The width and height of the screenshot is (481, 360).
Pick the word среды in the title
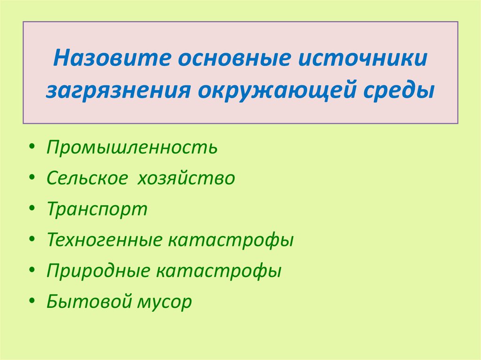(397, 89)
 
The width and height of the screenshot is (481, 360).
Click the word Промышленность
(132, 148)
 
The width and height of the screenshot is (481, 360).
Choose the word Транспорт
(97, 209)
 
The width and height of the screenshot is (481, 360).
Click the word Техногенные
(104, 240)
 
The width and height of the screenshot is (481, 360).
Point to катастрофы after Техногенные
(231, 240)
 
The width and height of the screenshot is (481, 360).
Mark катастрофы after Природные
(219, 271)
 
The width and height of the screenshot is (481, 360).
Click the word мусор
(164, 302)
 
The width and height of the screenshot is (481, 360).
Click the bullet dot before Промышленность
(31, 148)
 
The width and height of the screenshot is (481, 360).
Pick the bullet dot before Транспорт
(31, 210)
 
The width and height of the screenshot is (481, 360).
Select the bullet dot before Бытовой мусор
(31, 302)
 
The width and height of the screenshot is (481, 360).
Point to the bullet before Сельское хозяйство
(31, 179)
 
